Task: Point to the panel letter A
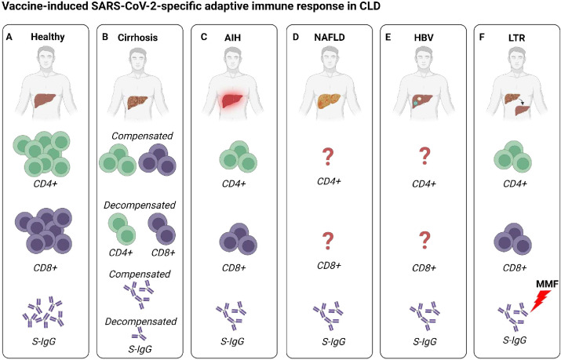(9, 37)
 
